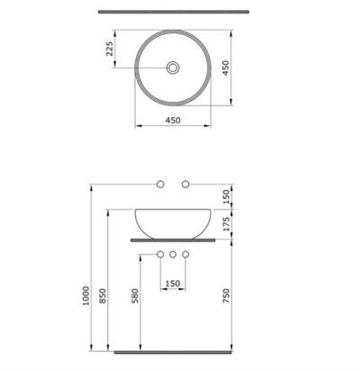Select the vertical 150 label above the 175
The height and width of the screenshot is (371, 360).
pyautogui.click(x=229, y=195)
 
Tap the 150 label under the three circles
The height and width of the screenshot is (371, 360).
pyautogui.click(x=174, y=284)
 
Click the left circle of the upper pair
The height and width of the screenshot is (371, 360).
pyautogui.click(x=161, y=185)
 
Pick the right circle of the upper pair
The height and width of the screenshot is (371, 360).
pyautogui.click(x=186, y=185)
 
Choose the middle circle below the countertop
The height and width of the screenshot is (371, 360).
pyautogui.click(x=174, y=255)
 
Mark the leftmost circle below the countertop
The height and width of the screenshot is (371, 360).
pyautogui.click(x=161, y=255)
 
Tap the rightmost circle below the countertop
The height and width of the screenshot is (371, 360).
pyautogui.click(x=186, y=255)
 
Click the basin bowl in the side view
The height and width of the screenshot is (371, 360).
pyautogui.click(x=174, y=222)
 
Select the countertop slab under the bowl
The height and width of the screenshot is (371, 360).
pyautogui.click(x=174, y=241)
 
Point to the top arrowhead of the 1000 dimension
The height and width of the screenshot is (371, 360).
pyautogui.click(x=93, y=186)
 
